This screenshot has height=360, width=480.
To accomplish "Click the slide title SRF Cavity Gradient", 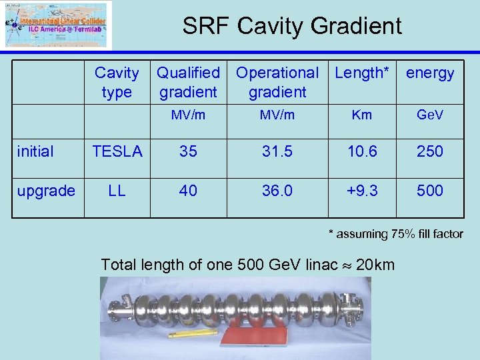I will (292, 26).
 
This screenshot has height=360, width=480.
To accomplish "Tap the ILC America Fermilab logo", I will (57, 25).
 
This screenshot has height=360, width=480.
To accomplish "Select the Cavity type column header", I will (117, 82).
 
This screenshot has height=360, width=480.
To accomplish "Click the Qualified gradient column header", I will (188, 82).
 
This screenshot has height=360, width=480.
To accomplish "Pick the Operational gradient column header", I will (277, 82).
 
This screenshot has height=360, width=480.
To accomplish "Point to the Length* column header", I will (362, 73).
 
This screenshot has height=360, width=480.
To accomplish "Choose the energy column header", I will (430, 73).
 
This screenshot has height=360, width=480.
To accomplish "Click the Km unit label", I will (361, 115).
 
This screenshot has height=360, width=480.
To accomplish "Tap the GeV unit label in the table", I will (430, 115).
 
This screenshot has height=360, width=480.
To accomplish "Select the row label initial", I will (35, 151).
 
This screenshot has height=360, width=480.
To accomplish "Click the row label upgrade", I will (46, 191).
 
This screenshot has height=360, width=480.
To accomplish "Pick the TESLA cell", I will (117, 151).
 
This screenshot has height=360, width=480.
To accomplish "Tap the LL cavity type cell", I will (117, 191).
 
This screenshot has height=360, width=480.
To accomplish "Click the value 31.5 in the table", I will (277, 151).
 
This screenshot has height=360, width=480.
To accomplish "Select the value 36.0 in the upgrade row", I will (277, 191).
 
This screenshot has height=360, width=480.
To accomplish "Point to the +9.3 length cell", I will (361, 191).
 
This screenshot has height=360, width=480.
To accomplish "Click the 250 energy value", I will (430, 151).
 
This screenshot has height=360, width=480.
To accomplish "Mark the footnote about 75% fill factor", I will (395, 234).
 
